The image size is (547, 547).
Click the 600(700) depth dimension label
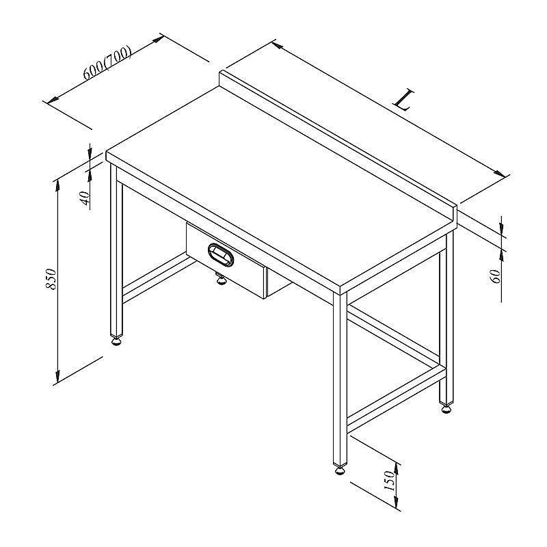click(107, 62)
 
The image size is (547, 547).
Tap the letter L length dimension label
click(403, 100)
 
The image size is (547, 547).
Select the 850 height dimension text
click(51, 279)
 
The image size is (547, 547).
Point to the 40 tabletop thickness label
click(85, 198)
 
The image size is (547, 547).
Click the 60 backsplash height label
click(496, 276)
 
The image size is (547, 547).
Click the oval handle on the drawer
click(221, 255)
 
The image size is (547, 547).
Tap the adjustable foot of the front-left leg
click(116, 340)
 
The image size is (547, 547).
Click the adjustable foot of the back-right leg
click(446, 408)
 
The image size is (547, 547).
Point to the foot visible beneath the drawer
click(220, 279)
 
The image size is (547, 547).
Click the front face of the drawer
click(226, 261)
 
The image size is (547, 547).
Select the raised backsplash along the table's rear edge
click(338, 146)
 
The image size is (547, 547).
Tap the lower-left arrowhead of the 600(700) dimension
click(53, 100)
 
